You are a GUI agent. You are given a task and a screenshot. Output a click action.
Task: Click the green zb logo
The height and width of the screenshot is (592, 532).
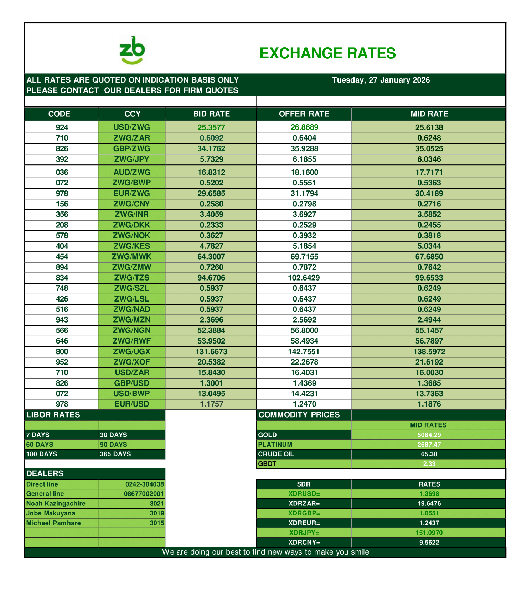coord(132,51)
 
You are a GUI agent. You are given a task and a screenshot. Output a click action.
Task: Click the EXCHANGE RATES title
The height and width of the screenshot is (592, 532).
coord(327,53)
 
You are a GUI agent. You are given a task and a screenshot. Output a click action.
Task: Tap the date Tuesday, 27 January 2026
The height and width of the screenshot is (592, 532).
coord(381,80)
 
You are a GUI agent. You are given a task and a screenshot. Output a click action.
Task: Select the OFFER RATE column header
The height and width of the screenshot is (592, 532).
coord(304,114)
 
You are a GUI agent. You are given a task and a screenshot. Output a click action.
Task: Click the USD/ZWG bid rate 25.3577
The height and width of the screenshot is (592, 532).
coord(211,127)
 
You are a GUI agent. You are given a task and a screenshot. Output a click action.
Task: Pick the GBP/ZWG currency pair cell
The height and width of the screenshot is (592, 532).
coord(131,148)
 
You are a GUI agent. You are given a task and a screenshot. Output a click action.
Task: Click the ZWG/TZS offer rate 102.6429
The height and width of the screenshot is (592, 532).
coord(304,278)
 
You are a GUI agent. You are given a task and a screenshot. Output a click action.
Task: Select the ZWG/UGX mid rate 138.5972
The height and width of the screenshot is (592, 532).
coord(429,352)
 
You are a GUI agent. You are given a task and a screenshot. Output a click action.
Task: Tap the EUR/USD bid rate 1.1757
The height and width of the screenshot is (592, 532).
coord(211,404)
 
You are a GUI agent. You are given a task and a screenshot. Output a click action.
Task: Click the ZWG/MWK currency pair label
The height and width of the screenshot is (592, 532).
coord(131,257)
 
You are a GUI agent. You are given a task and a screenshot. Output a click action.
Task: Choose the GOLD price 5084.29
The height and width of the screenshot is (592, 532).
coord(429,435)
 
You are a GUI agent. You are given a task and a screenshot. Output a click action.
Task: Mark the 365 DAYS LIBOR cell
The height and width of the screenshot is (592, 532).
coord(115,454)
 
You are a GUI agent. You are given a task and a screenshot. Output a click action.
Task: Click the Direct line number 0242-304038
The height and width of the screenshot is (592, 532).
coord(144,484)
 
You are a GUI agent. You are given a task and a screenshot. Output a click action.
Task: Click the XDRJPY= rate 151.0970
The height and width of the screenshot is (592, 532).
coord(429,533)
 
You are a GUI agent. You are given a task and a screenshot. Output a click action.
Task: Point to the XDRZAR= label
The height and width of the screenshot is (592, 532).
coord(304,504)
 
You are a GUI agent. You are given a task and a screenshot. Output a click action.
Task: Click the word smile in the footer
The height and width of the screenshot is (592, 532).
coord(359,552)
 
